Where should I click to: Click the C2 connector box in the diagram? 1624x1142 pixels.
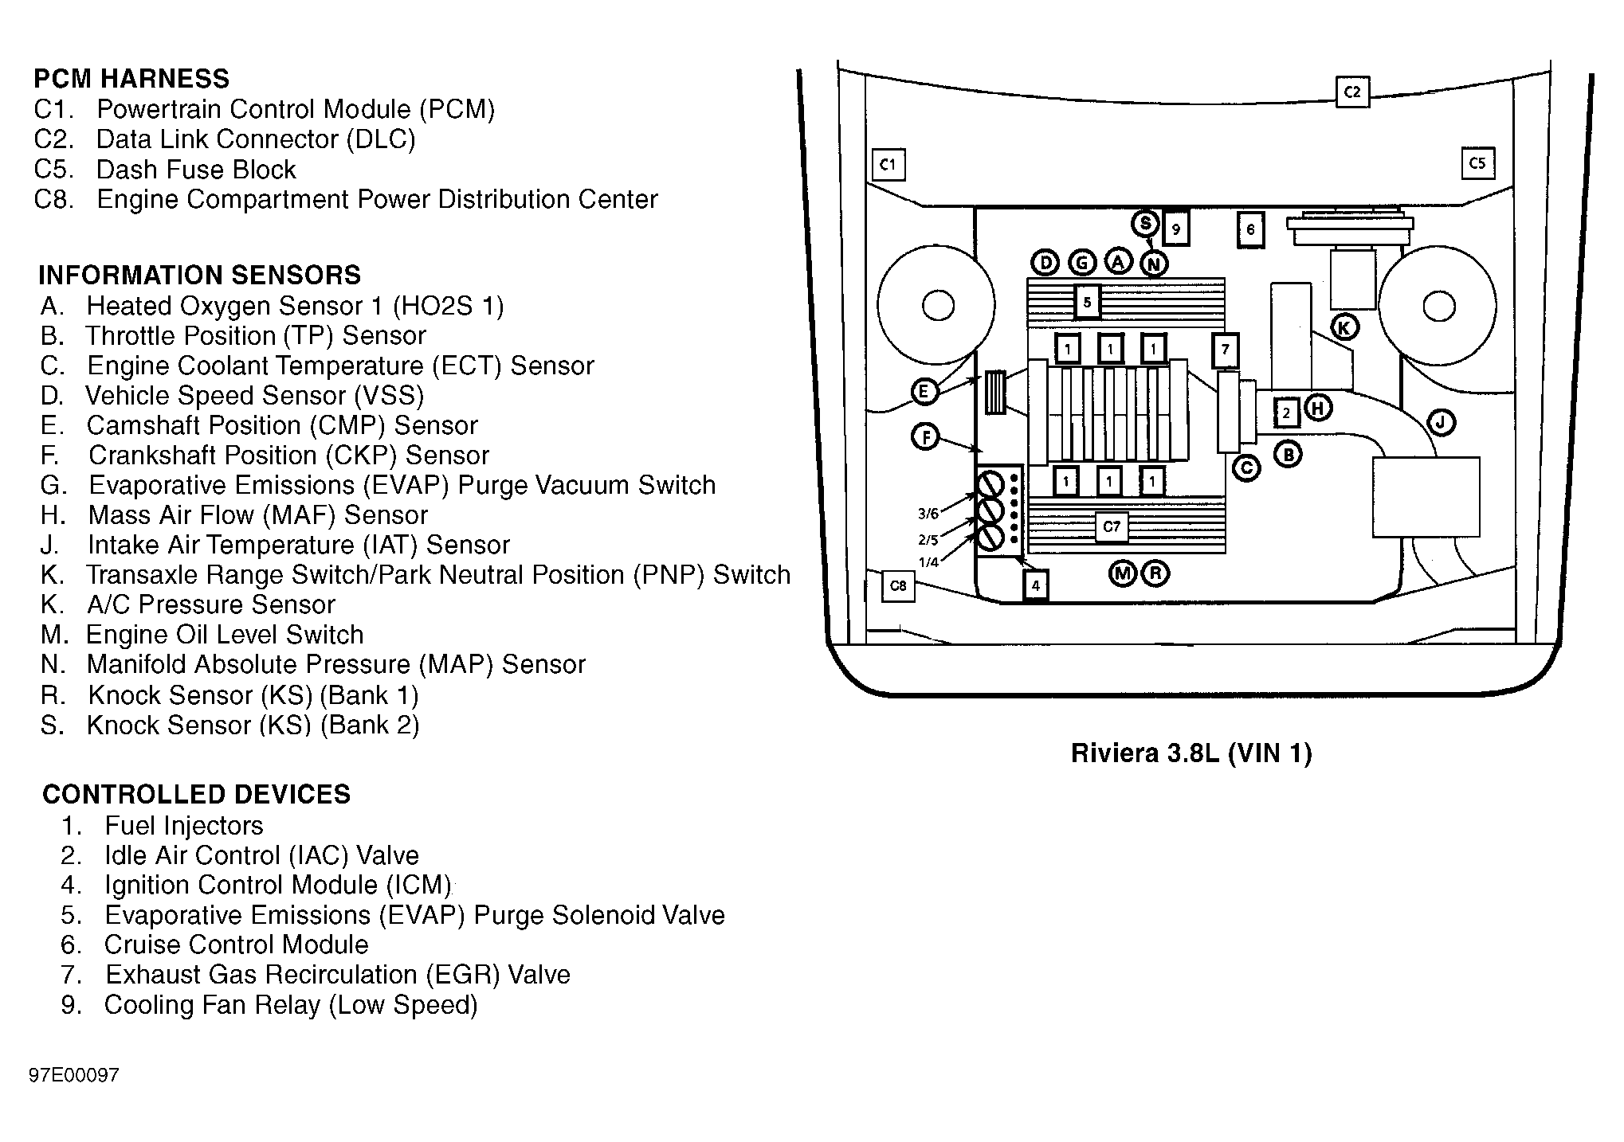1351,92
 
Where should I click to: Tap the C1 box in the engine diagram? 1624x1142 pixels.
888,165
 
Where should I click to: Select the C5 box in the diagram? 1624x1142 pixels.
1477,163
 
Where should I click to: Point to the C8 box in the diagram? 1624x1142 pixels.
897,586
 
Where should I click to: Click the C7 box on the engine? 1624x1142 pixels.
1112,527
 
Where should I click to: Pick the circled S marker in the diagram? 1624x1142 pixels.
1146,224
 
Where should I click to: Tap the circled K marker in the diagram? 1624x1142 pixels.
1345,327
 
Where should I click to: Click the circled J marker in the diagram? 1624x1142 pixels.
1441,422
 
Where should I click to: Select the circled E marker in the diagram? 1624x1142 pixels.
924,392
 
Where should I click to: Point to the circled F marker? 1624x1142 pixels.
925,437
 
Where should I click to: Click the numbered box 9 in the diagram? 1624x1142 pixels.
1176,230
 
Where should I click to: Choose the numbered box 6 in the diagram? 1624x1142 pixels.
1250,230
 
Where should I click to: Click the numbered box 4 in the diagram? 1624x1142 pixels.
1035,586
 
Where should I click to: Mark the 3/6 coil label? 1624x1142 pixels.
928,514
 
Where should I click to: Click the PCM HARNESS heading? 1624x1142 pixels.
131,79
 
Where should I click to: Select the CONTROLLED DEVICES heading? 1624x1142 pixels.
196,794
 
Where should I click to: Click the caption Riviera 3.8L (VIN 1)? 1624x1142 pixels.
1191,753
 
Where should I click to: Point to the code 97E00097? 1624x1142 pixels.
74,1075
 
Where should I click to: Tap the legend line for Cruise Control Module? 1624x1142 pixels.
214,944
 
